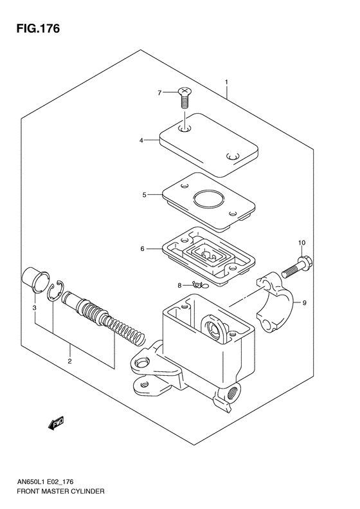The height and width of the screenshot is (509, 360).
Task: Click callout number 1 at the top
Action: point(226,81)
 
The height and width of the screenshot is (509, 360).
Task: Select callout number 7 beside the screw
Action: point(161,93)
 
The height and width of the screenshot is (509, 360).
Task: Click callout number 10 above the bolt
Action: point(301,243)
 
